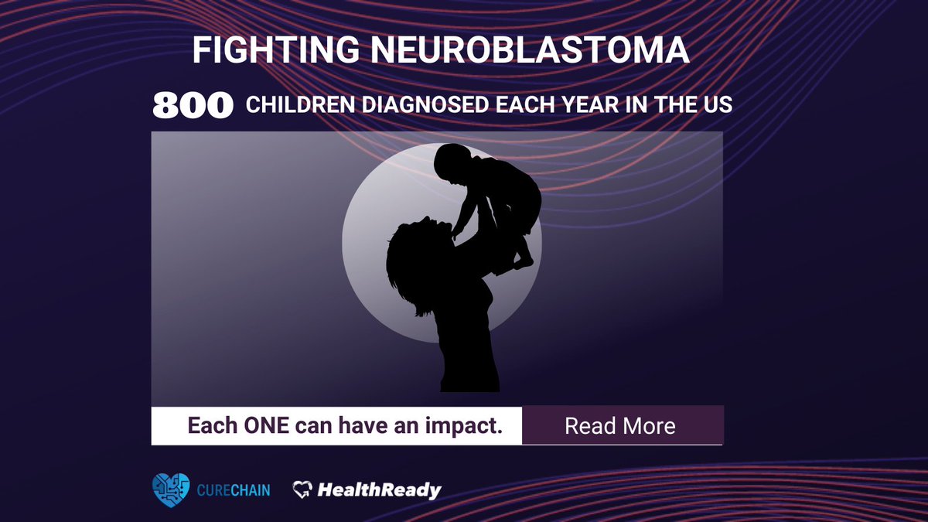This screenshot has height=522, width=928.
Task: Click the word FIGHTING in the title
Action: [x=275, y=50]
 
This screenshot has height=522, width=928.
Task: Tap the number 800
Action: [x=193, y=106]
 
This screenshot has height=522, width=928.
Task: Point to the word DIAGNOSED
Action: [x=421, y=105]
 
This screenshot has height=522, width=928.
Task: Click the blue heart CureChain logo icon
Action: [x=170, y=490]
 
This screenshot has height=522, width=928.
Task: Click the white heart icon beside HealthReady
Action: [x=302, y=490]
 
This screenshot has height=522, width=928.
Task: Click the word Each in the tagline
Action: [x=210, y=425]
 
